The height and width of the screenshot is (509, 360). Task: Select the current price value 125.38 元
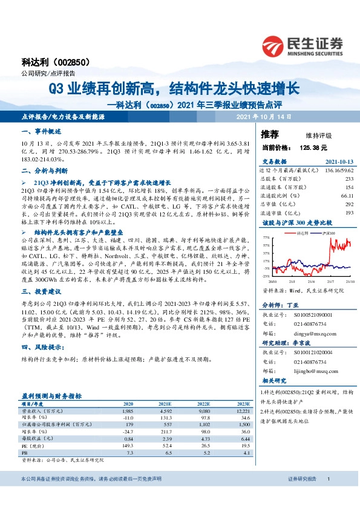point(312,147)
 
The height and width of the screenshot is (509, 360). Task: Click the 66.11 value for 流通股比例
point(347,196)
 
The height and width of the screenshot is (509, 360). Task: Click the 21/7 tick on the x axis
point(329,281)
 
